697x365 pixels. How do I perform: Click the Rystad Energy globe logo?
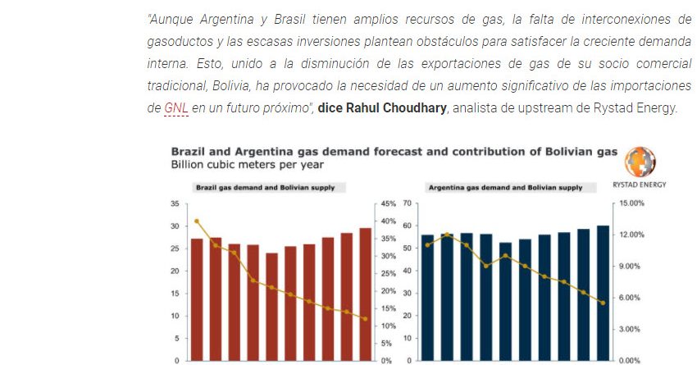pos(640,162)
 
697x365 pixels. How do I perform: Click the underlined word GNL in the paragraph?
pos(176,108)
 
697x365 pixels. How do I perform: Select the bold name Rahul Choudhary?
pos(382,108)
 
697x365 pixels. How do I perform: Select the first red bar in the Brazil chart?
pos(197,299)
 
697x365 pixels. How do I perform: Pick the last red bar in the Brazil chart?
pos(365,294)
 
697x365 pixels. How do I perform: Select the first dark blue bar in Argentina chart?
pos(427,297)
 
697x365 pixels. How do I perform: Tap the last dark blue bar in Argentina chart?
pos(603,293)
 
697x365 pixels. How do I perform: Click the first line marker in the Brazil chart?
pos(197,221)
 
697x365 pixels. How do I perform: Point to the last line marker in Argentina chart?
pos(603,303)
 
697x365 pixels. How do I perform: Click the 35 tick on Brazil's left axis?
pos(175,203)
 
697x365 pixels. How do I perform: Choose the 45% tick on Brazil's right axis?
pos(388,203)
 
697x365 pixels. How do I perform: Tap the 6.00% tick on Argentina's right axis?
pos(630,298)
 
